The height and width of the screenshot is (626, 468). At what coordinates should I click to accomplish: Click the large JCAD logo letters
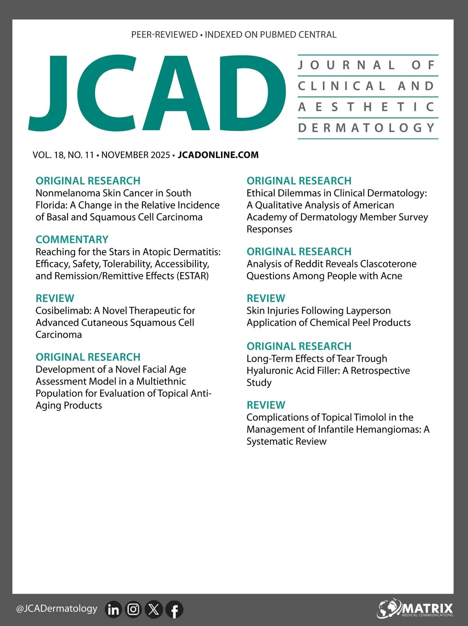coord(156,94)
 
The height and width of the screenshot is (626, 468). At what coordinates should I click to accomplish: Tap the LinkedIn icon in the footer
coord(113,609)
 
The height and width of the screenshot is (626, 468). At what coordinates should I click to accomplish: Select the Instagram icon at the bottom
coord(133,609)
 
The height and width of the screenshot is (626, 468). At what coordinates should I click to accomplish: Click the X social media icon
coord(154,609)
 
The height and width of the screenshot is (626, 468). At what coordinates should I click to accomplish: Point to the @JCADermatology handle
coord(57,608)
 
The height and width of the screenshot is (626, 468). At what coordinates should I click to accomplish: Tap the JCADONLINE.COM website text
coord(218,155)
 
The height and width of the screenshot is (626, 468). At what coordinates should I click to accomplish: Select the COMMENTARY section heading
coord(72,239)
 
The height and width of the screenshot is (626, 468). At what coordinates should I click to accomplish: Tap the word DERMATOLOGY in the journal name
coord(367,128)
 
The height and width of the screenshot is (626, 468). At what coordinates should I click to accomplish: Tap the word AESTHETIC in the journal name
coord(367,107)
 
